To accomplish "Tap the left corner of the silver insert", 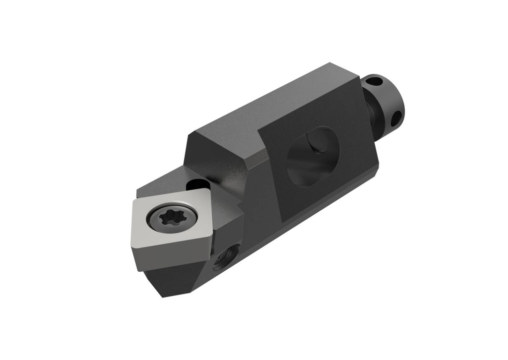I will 133,200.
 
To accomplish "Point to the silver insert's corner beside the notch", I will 203,189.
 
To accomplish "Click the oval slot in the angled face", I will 313,157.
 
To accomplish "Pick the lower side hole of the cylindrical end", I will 395,118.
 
